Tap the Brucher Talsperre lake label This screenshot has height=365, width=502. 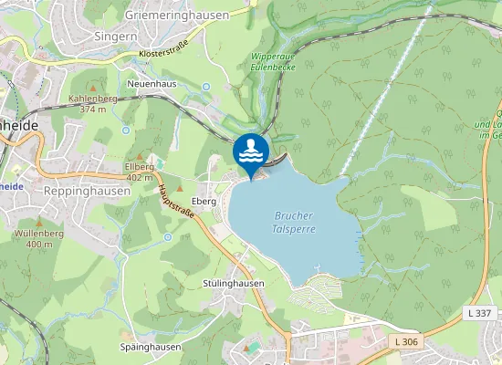click(x=293, y=223)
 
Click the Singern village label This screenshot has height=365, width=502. click(x=116, y=36)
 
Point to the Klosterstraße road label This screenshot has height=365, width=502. click(x=151, y=54)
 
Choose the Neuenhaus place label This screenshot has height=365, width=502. click(x=152, y=83)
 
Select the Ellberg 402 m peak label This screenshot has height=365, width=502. click(x=139, y=172)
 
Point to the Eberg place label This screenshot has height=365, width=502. click(x=204, y=200)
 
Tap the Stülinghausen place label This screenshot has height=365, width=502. click(x=233, y=284)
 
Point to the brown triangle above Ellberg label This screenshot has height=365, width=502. click(x=139, y=156)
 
